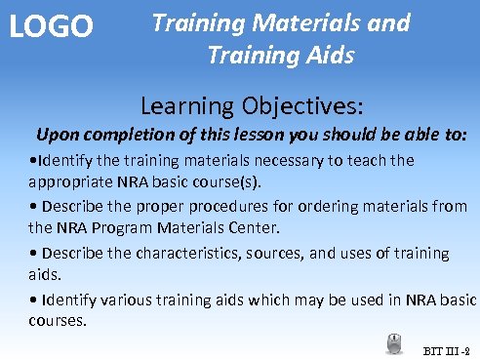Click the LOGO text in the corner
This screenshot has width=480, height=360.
point(51,26)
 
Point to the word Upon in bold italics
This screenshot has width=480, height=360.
point(57,133)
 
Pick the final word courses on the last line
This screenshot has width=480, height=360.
point(58,320)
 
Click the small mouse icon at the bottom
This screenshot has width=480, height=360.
point(395,342)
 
